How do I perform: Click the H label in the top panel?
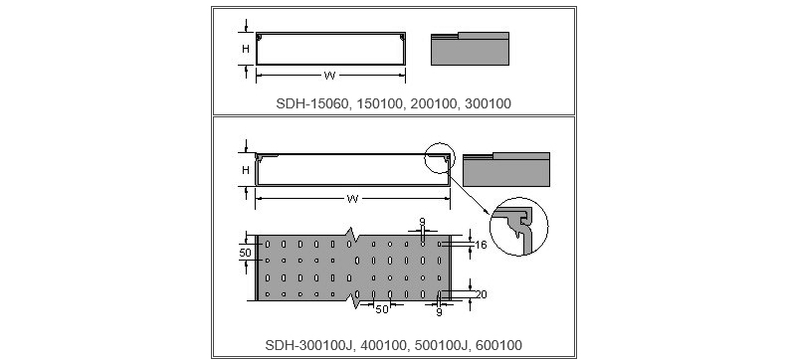(x=246, y=49)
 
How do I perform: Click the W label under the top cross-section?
(x=329, y=77)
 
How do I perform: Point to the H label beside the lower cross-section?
(x=246, y=170)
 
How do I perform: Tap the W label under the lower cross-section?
(x=352, y=199)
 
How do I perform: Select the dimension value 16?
(x=481, y=245)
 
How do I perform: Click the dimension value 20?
(x=481, y=294)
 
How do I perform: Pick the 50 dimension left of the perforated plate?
(x=245, y=253)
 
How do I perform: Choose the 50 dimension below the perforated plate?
(x=382, y=309)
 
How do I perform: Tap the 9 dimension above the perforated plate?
(x=422, y=222)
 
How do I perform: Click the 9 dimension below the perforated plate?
(x=439, y=312)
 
